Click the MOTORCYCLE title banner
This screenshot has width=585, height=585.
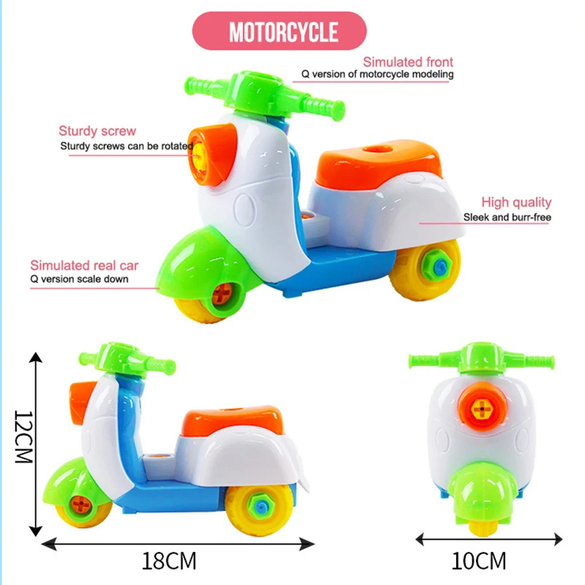(283, 31)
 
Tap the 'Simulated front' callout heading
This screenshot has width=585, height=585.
(408, 62)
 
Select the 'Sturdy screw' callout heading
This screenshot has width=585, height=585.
(97, 132)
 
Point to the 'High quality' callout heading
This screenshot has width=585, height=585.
(516, 203)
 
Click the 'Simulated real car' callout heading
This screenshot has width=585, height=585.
(84, 265)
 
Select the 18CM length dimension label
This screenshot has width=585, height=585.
(170, 562)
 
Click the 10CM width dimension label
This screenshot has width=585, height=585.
(479, 562)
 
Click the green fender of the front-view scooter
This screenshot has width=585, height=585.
(483, 494)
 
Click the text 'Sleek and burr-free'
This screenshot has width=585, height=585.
(507, 217)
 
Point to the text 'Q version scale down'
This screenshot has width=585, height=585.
(79, 279)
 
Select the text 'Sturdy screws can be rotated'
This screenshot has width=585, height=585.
(127, 146)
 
